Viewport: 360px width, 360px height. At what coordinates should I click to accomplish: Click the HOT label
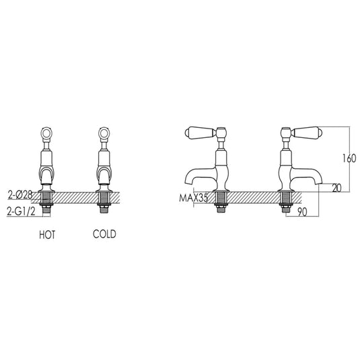(x=46, y=235)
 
